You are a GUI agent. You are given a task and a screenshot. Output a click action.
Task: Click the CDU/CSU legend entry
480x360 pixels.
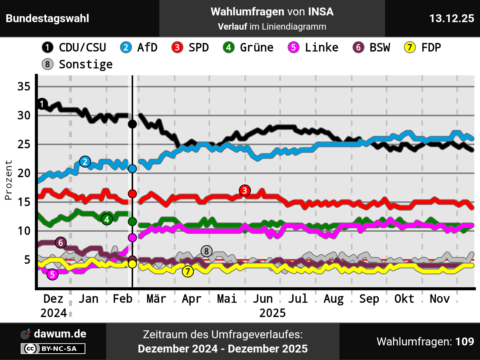click(74, 48)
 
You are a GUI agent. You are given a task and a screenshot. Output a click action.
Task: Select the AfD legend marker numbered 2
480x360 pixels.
click(126, 48)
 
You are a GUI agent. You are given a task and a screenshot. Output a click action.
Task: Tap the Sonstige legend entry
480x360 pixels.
click(77, 64)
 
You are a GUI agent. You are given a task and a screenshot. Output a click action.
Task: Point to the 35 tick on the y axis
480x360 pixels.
click(24, 87)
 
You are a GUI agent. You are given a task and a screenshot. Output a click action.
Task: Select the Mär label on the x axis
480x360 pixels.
click(156, 299)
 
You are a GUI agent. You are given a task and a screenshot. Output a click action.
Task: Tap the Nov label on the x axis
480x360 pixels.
click(439, 299)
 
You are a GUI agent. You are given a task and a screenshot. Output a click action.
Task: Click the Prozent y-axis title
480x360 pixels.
click(8, 180)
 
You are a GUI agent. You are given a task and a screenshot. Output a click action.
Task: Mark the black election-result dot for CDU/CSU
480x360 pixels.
click(132, 124)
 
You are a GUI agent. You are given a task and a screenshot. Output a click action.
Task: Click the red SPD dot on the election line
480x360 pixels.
click(132, 194)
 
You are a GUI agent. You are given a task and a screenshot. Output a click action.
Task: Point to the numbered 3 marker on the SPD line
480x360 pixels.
click(245, 190)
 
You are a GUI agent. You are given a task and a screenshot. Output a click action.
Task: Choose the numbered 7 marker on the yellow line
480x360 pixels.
click(188, 271)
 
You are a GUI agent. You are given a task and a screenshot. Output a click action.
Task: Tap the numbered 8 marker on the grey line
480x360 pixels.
click(206, 251)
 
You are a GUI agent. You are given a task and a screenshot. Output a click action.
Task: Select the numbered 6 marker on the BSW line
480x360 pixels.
click(61, 243)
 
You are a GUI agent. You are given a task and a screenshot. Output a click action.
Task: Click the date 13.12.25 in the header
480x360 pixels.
click(451, 18)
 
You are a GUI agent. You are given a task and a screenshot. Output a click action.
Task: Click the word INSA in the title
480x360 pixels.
click(321, 12)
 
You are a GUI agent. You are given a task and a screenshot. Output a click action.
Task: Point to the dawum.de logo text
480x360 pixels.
click(60, 334)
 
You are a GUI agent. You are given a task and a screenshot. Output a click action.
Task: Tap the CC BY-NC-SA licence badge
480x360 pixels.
click(53, 349)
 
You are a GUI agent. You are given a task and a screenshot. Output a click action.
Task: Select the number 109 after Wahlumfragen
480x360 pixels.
click(465, 342)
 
